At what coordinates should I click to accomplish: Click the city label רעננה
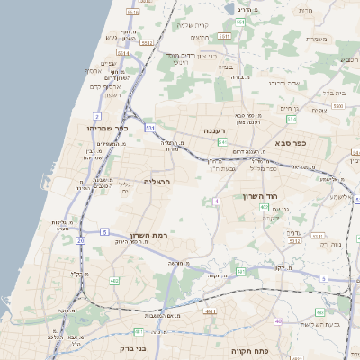213,130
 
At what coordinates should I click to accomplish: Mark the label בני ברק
132,347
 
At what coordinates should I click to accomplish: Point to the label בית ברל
334,92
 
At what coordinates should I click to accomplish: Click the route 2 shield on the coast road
96,116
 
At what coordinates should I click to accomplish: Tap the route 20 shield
81,240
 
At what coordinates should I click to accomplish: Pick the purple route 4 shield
217,202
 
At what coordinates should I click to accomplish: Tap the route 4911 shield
209,311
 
